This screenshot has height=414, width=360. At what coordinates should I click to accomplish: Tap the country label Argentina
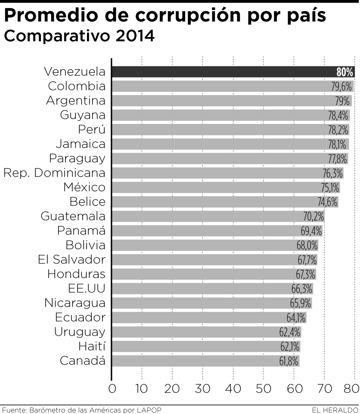(x=75, y=101)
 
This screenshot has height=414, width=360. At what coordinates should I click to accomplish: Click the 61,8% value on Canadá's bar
(x=289, y=361)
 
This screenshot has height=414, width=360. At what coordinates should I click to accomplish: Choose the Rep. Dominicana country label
(x=54, y=173)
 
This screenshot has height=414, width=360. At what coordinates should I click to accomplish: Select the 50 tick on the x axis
(x=263, y=389)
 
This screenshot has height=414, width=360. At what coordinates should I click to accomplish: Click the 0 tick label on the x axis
(x=112, y=389)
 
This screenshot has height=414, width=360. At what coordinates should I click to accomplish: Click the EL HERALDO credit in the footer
(x=335, y=410)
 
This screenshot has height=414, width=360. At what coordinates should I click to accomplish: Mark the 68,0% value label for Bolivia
(x=307, y=245)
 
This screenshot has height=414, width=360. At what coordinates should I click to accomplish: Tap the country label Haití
(x=92, y=346)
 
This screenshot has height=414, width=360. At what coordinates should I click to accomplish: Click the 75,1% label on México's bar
(x=330, y=187)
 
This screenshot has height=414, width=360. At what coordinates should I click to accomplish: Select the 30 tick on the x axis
(x=202, y=389)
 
